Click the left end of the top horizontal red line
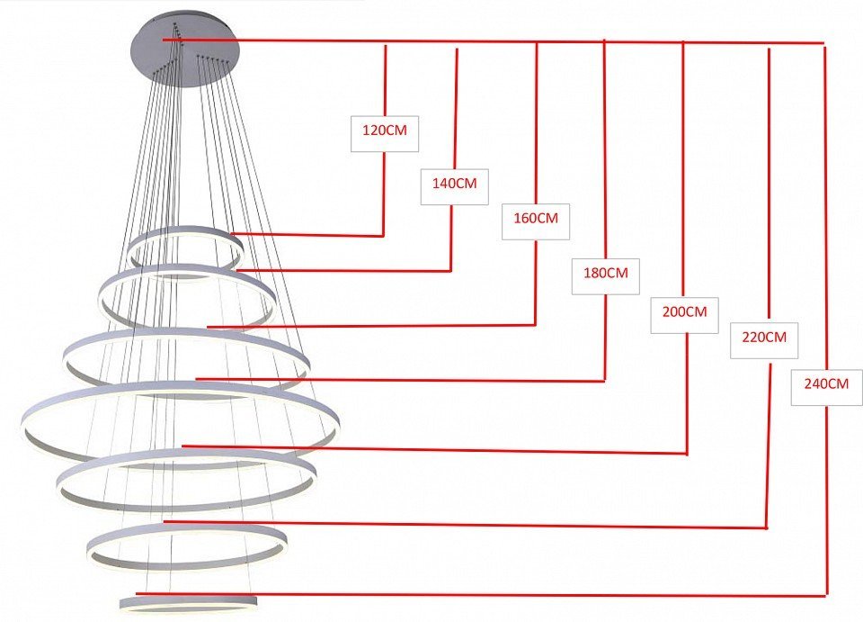[164, 40]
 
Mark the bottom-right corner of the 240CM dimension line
[827, 596]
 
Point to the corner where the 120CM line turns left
[383, 236]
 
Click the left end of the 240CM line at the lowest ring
[137, 594]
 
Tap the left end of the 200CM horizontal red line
[182, 446]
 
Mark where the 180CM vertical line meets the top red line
[605, 41]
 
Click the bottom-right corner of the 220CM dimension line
[767, 527]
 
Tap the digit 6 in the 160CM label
[527, 218]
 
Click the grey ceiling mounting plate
[185, 50]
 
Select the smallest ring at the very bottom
[188, 602]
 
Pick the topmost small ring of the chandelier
[185, 254]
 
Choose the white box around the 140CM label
[455, 186]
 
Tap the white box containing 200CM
[684, 315]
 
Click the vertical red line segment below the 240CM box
[826, 500]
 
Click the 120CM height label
[385, 131]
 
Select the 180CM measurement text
[605, 273]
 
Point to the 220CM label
[764, 337]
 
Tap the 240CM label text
[826, 383]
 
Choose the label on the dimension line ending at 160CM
[536, 218]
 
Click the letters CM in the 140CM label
[467, 184]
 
